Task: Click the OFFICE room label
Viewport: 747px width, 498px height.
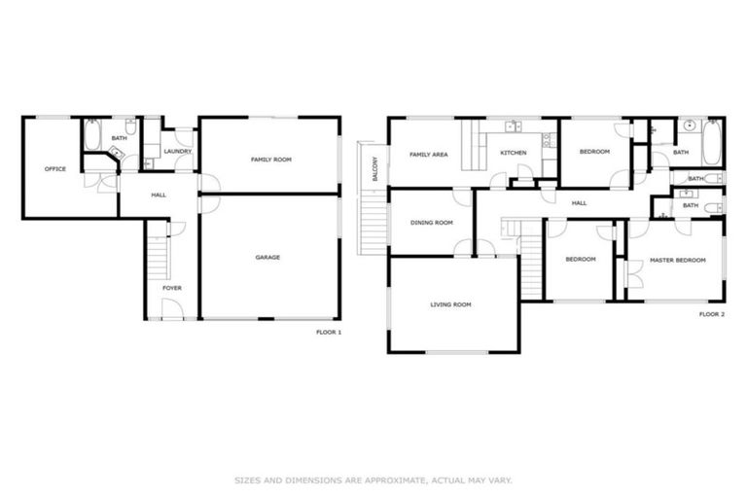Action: tap(54, 169)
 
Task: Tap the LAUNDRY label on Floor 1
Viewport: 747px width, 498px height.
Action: tap(177, 152)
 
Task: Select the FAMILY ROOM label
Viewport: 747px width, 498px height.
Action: tap(271, 160)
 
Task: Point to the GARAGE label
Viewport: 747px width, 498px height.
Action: tap(267, 258)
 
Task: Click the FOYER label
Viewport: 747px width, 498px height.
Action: tap(171, 288)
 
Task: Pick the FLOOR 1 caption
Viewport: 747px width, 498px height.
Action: tap(329, 332)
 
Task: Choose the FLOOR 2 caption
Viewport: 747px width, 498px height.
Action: tap(711, 314)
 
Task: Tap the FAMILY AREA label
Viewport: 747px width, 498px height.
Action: tap(428, 155)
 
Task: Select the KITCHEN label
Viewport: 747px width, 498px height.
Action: tap(514, 154)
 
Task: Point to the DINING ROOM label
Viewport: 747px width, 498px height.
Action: tap(431, 223)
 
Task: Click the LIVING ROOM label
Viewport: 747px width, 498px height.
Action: tap(450, 304)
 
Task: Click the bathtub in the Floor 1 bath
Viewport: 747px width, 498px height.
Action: tap(92, 135)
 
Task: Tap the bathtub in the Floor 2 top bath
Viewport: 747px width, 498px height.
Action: tap(711, 142)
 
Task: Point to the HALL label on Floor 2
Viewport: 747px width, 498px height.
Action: tap(579, 203)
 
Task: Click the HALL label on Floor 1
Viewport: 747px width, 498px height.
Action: tap(159, 196)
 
